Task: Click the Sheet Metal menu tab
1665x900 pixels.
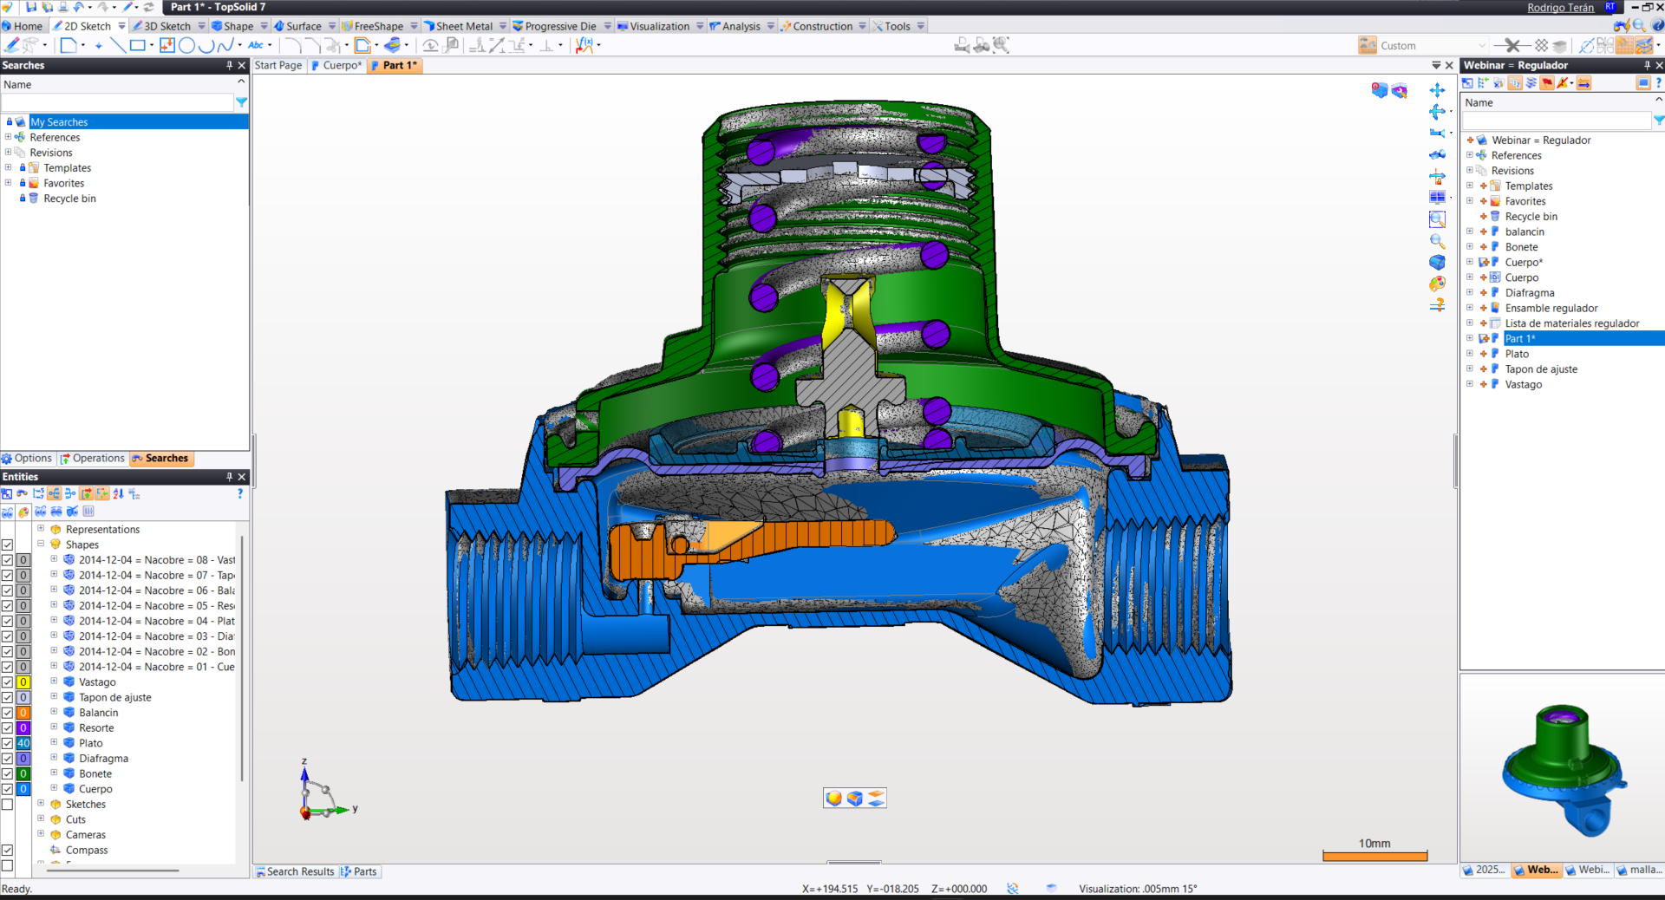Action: click(463, 26)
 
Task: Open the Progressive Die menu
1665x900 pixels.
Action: click(559, 26)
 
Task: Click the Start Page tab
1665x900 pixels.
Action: click(278, 65)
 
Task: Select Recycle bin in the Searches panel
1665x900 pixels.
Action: click(69, 199)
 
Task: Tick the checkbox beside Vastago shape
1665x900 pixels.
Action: click(7, 682)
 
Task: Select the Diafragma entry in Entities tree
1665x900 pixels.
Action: click(103, 759)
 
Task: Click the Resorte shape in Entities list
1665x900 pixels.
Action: click(96, 728)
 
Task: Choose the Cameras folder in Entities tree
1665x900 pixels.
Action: click(85, 835)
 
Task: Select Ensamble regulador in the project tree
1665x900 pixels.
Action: click(1551, 308)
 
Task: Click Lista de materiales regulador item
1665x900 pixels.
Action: click(1571, 323)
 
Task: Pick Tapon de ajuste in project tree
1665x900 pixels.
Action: click(1541, 369)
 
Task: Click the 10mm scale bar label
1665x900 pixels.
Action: click(1374, 844)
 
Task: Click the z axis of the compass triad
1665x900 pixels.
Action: click(304, 776)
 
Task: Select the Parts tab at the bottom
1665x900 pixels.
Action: click(364, 871)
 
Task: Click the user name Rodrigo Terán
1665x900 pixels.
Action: click(1560, 7)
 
